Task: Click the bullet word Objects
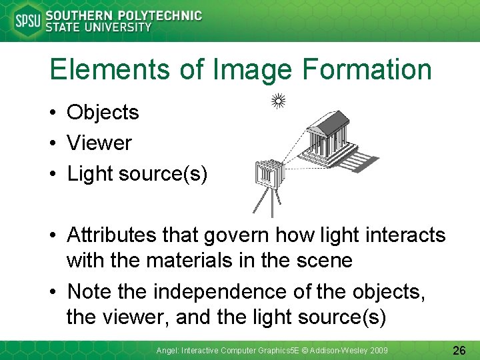pos(103,113)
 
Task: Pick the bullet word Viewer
pos(99,143)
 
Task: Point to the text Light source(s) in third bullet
pos(137,173)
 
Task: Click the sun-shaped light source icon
pos(279,101)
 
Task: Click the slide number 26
pos(459,349)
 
